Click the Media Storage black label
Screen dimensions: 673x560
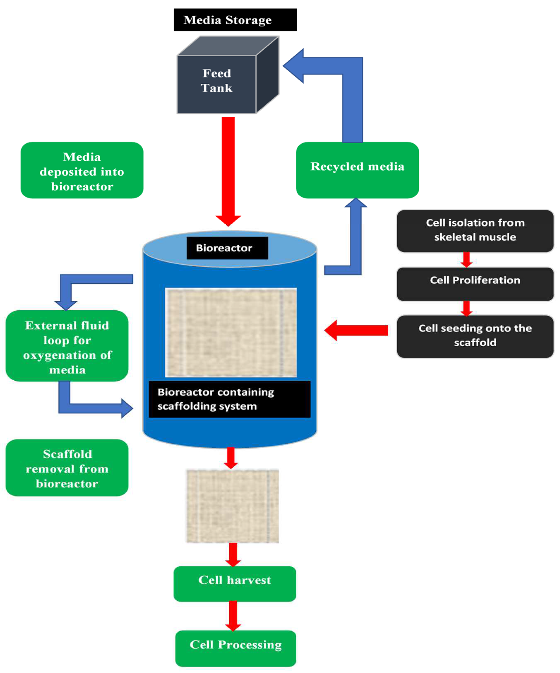pyautogui.click(x=235, y=20)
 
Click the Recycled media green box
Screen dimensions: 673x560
pyautogui.click(x=357, y=170)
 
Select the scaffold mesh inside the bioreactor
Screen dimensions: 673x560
pyautogui.click(x=231, y=332)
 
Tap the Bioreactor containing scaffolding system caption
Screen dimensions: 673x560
pyautogui.click(x=229, y=399)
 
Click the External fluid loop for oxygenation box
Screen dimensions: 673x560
pyautogui.click(x=67, y=345)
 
